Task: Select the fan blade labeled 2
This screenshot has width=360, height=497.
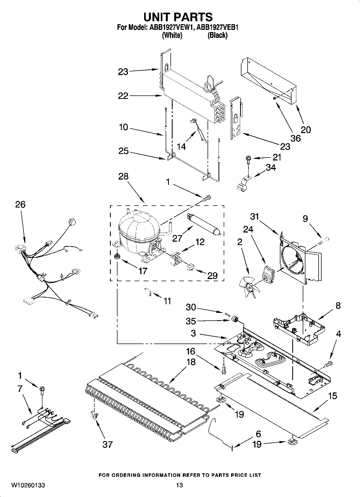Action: pos(249,287)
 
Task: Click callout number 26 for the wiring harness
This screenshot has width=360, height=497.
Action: pos(20,205)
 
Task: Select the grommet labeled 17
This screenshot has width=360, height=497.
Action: pos(117,257)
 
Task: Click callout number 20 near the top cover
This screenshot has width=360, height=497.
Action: pos(306,130)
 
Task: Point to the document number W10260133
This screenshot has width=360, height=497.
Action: pos(28,485)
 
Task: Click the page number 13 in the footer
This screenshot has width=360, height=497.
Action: pos(180,485)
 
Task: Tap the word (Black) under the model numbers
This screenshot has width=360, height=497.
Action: pos(217,35)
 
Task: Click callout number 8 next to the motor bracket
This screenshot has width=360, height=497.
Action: pos(338,305)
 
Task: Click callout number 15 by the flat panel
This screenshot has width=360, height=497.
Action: pos(333,396)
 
